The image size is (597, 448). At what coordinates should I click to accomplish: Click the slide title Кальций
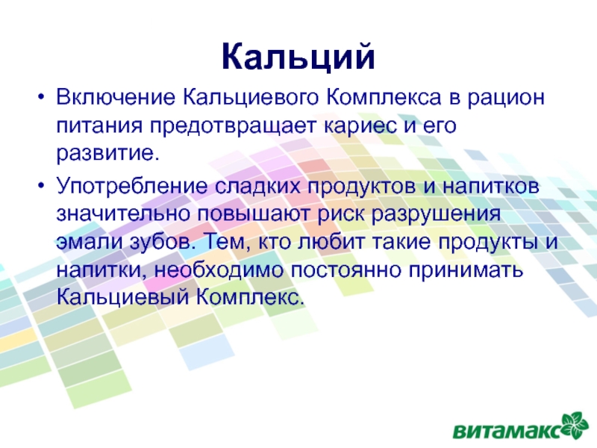coord(298,57)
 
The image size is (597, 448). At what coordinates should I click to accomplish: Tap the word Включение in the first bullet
coord(116,97)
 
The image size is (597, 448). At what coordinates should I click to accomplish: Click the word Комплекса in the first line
coord(384,97)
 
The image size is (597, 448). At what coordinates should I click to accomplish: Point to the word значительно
coord(123,214)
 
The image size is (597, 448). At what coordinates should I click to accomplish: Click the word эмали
coord(90,242)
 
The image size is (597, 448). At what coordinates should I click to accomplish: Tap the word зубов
coord(163,241)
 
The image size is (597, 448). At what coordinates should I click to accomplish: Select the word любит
coord(331,241)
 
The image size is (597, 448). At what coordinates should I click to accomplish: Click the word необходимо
coord(219,270)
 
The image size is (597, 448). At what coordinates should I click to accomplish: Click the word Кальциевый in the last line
coord(122,298)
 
